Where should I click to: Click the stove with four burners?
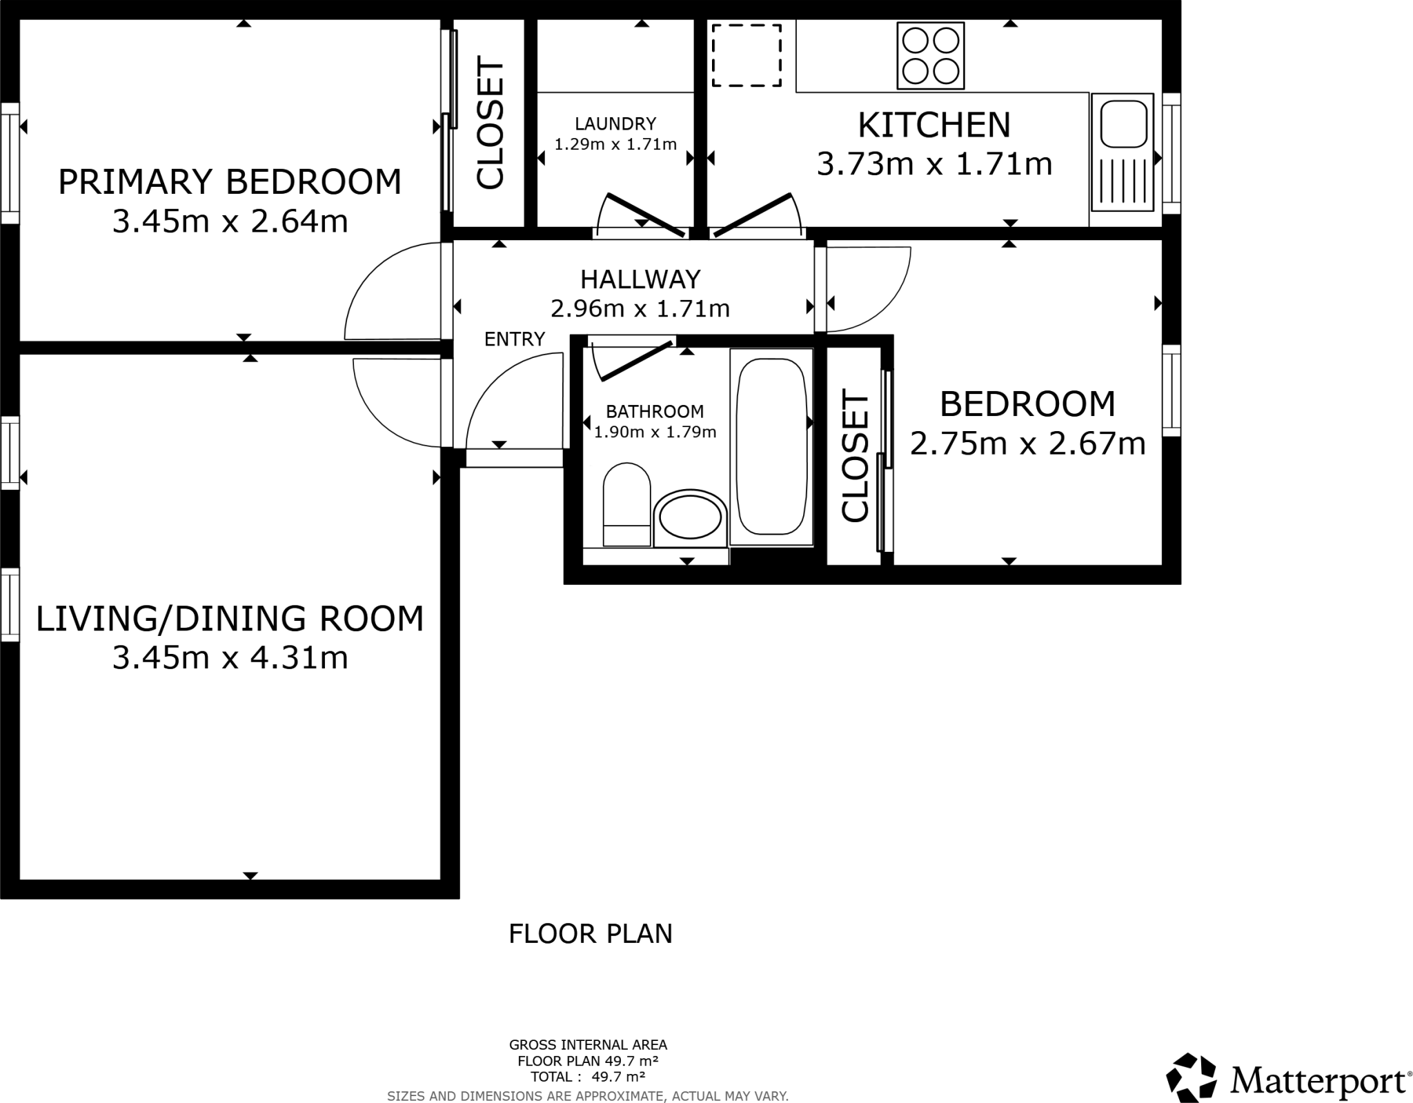coord(931,56)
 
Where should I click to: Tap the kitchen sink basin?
coord(1124,123)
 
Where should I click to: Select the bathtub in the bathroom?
coord(771,446)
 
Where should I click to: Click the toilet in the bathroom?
coord(627,504)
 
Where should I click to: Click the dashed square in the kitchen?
coord(747,55)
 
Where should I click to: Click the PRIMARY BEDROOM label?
coord(230,182)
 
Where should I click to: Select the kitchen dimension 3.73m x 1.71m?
coord(934,164)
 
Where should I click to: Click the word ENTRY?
coord(515,339)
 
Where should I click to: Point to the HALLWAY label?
coord(640,279)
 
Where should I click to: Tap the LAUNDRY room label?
coord(615,123)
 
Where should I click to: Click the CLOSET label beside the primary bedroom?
coord(491,125)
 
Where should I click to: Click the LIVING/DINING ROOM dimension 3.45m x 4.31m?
coord(230,658)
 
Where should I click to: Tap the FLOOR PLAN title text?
coord(591,934)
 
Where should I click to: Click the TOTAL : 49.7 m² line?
coord(588,1076)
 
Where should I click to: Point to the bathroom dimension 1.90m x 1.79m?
coord(655,433)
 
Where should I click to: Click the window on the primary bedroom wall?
coord(10,163)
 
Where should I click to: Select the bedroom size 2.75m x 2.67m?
coord(1027,444)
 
